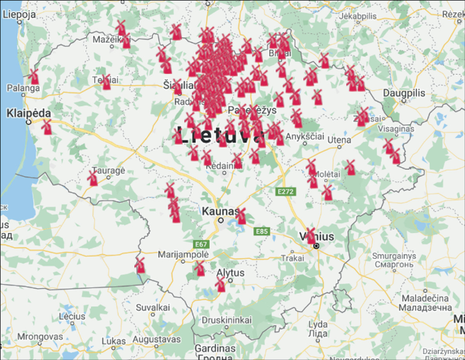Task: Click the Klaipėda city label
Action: click(29, 113)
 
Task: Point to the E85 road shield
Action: click(262, 232)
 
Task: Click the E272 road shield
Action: click(285, 193)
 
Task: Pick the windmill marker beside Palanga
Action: click(33, 76)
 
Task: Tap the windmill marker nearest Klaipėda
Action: click(47, 127)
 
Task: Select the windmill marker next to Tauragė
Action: click(93, 179)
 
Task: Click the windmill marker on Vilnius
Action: click(311, 236)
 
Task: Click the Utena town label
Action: click(339, 139)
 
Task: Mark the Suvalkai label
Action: click(155, 307)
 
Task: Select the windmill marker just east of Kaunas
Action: click(241, 217)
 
